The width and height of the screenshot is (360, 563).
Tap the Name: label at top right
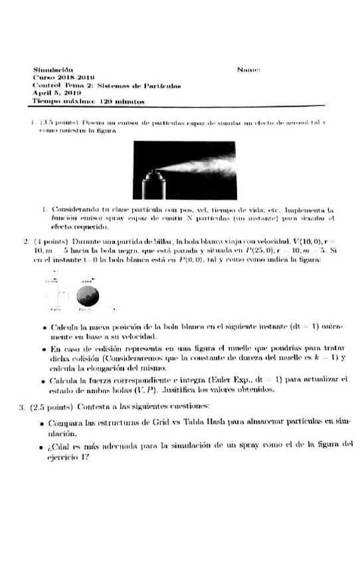[247, 69]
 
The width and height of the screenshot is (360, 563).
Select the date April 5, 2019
[52, 94]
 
